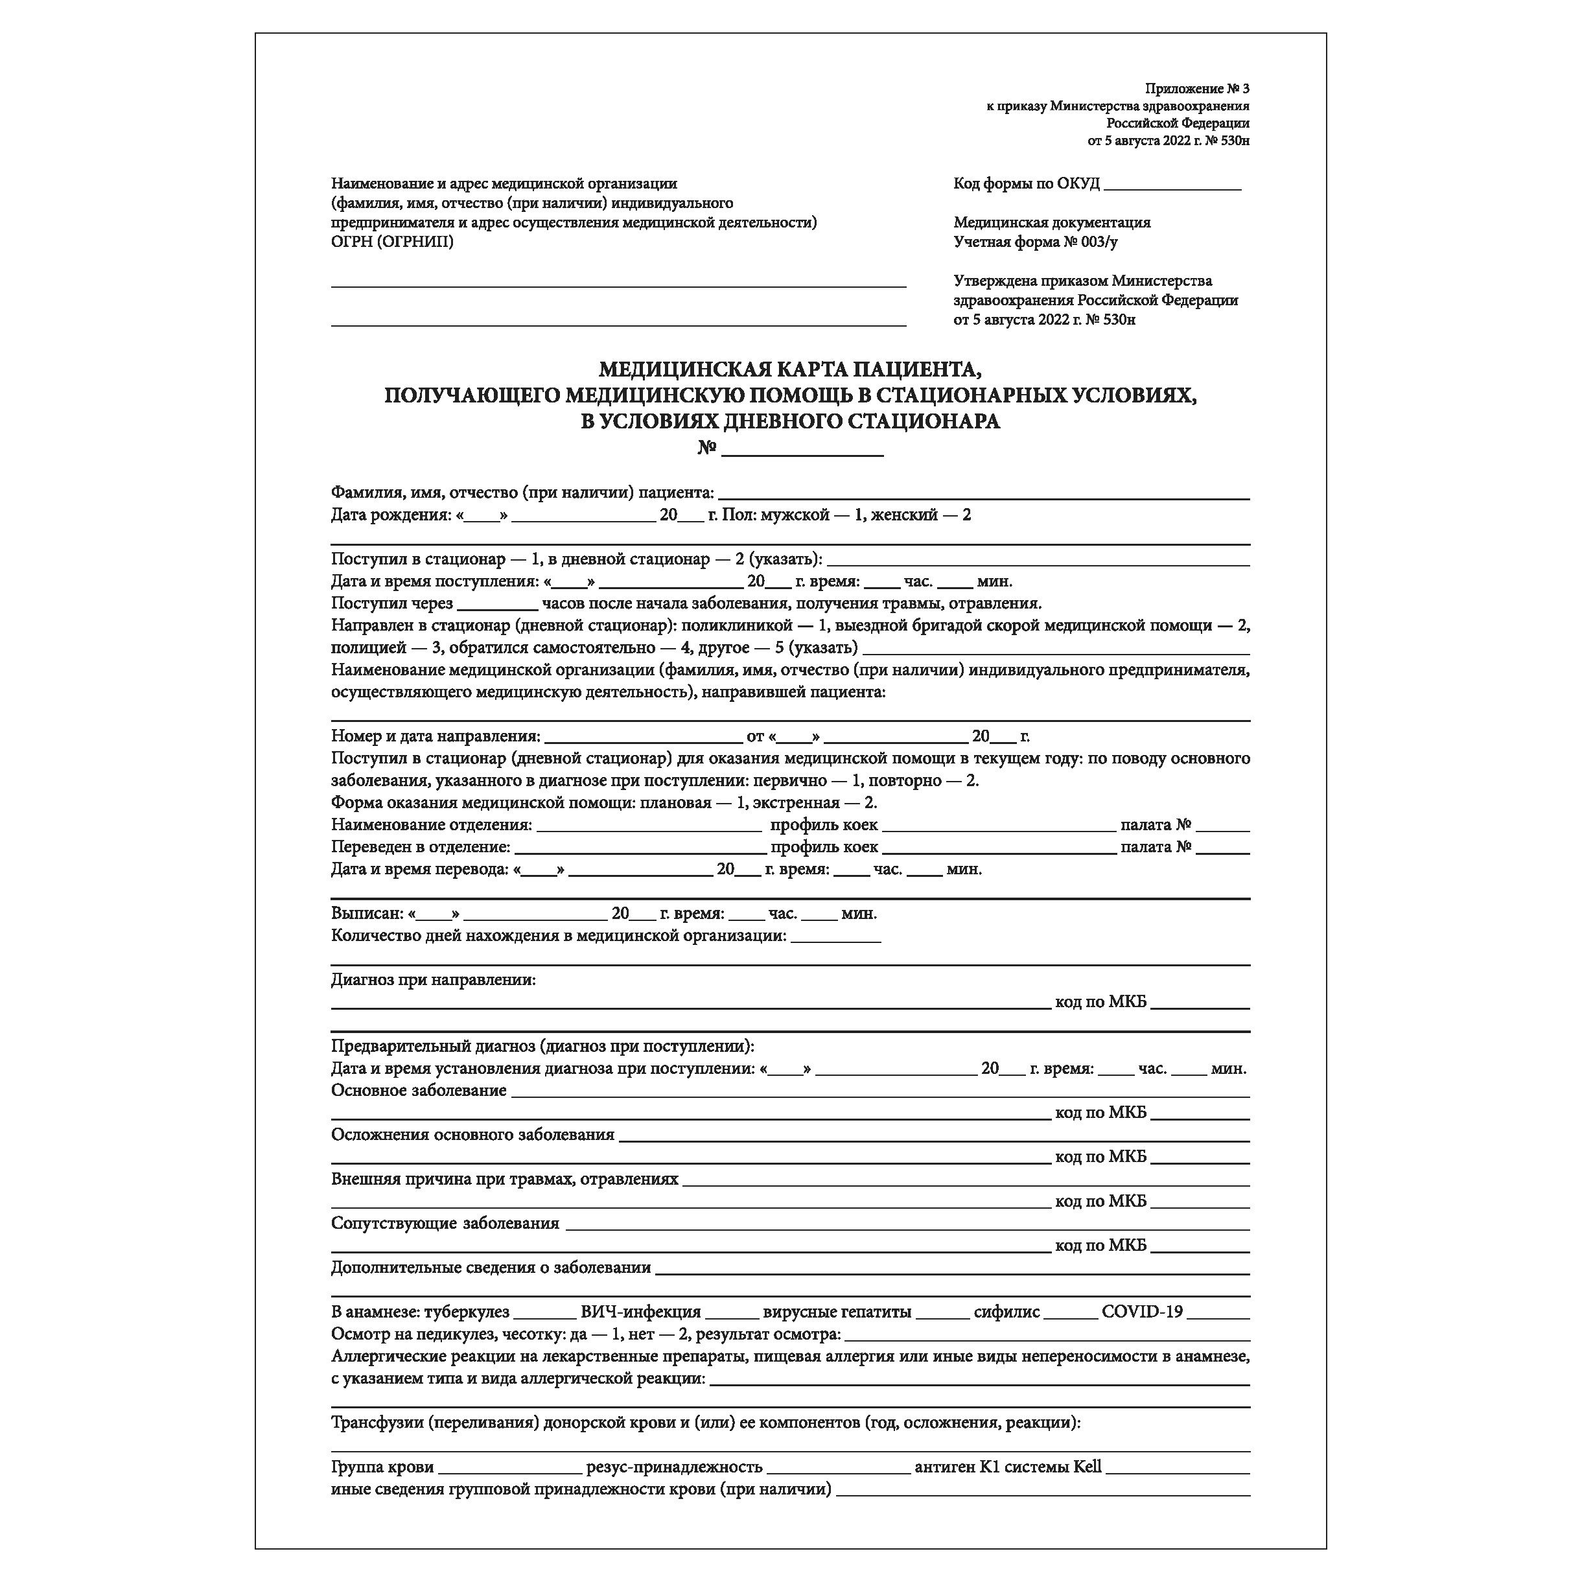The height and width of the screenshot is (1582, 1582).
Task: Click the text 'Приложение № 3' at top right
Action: (1197, 88)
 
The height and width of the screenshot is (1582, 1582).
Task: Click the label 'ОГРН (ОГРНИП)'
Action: (392, 242)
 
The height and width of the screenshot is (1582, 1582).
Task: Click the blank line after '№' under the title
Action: (802, 452)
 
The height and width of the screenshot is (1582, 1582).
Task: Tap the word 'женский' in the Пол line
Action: (904, 515)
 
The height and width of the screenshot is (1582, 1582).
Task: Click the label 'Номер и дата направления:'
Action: (436, 736)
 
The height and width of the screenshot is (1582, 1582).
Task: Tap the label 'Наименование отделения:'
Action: (432, 824)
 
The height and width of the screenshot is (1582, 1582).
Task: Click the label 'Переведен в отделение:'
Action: (421, 846)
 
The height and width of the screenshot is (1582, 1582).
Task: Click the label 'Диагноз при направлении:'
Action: (433, 979)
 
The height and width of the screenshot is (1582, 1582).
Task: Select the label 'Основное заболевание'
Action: (419, 1090)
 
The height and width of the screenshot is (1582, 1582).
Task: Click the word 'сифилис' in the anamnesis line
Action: (1006, 1312)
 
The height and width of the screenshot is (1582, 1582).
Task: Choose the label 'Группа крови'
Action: (382, 1467)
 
